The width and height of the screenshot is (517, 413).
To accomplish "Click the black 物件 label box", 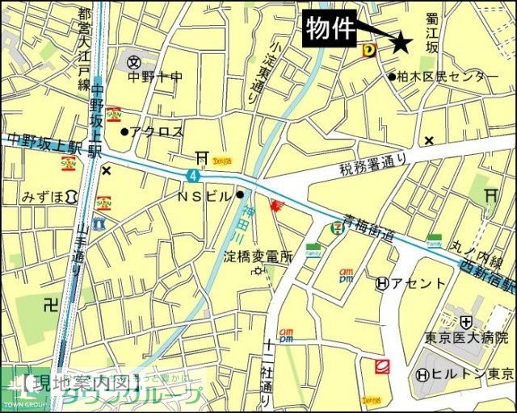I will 331,31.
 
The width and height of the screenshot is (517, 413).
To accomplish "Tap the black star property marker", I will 401,44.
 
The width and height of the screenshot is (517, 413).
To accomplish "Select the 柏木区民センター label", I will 448,77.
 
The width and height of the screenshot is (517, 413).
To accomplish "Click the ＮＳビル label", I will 205,196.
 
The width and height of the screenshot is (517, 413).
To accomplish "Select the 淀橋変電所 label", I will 256,257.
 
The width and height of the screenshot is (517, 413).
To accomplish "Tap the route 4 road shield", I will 193,175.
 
